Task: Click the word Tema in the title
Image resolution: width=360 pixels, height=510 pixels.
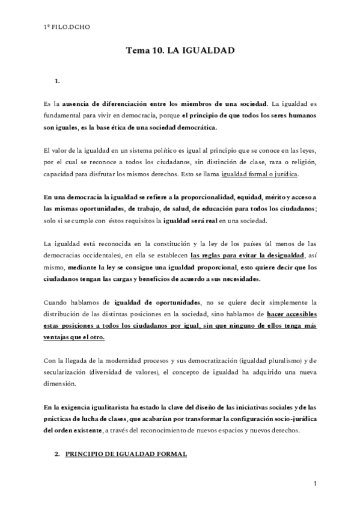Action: point(136,52)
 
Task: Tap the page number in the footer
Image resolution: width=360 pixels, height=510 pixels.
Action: point(314,484)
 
